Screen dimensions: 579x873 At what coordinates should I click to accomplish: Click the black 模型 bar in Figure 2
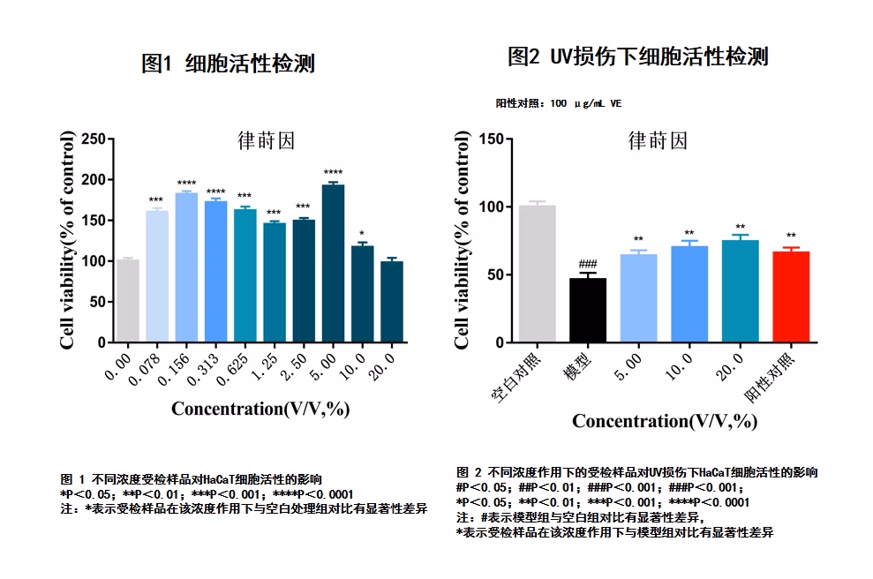[x=587, y=310]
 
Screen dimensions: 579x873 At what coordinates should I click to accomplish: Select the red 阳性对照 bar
[x=791, y=297]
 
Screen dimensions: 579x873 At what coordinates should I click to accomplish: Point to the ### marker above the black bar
[x=588, y=265]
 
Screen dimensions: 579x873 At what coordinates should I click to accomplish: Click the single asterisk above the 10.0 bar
[x=362, y=236]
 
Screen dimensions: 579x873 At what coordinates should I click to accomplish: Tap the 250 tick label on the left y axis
[x=93, y=139]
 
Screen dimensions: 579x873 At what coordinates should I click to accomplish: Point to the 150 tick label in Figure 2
[x=490, y=139]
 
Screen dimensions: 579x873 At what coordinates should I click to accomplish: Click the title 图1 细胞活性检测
[x=228, y=64]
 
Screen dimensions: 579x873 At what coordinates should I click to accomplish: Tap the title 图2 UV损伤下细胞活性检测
[x=637, y=57]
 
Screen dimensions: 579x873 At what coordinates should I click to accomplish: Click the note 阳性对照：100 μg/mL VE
[x=559, y=103]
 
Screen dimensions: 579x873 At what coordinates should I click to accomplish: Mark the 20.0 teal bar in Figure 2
[x=740, y=290]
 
